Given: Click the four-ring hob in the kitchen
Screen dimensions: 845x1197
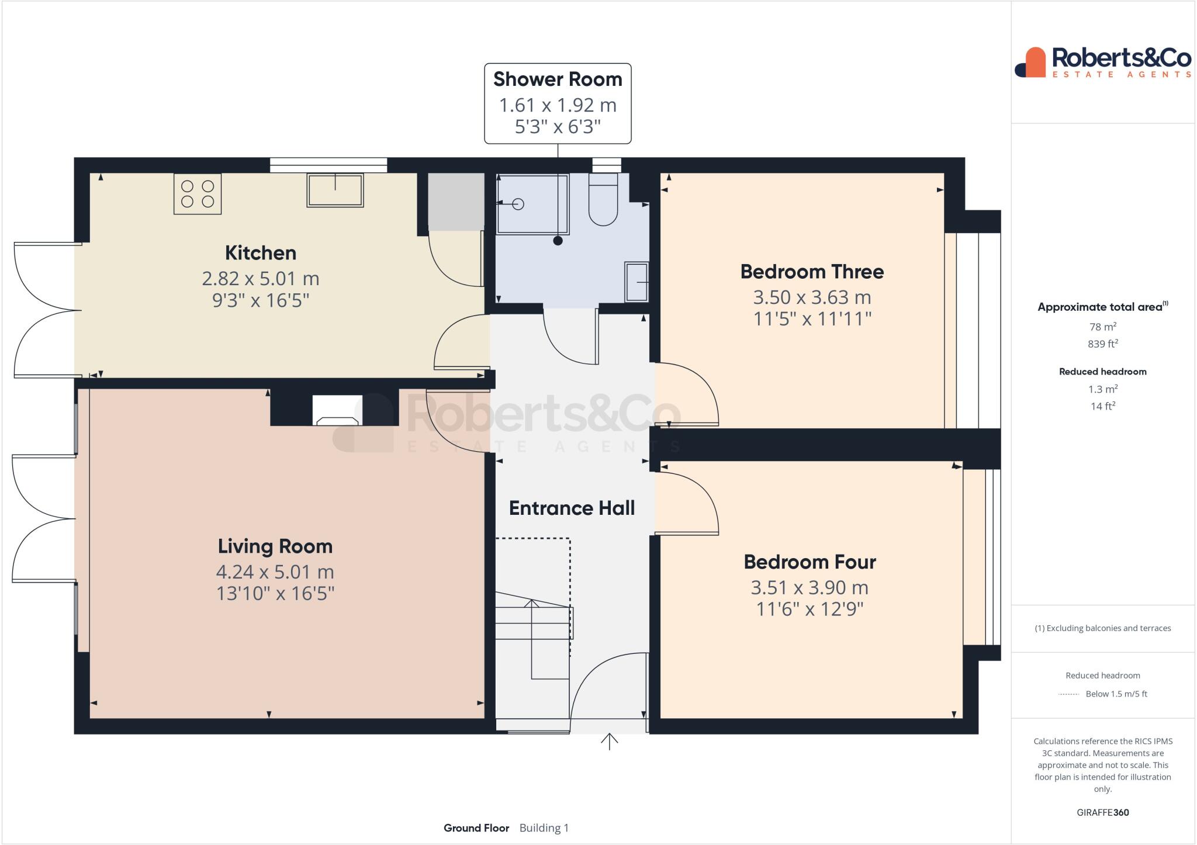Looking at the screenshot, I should [x=198, y=194].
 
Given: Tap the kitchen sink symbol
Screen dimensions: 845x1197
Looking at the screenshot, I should [x=335, y=191].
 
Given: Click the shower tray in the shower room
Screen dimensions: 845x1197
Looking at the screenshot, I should [x=531, y=204].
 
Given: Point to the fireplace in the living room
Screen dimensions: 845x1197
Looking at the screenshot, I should [x=337, y=411].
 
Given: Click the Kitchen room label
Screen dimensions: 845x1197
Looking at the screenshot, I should [x=261, y=253].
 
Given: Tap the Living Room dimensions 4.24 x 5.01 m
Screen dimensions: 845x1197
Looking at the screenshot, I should [x=275, y=572].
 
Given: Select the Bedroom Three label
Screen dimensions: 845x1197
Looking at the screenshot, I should [x=812, y=272].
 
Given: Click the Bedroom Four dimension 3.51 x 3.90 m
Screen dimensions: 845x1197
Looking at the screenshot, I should [x=809, y=587].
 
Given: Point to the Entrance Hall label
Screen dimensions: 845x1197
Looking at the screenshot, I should [x=572, y=508].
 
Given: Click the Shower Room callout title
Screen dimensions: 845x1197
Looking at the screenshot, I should [x=558, y=79].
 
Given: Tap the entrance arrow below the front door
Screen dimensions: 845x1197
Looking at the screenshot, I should [x=610, y=742].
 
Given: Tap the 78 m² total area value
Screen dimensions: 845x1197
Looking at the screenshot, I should [x=1102, y=327].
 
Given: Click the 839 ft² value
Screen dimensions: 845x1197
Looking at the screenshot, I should [x=1102, y=344].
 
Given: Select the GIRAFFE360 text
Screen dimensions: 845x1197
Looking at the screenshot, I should [x=1102, y=812].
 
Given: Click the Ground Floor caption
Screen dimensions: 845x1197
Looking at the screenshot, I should [x=476, y=828].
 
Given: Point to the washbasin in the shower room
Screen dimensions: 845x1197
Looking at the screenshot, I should [x=636, y=282].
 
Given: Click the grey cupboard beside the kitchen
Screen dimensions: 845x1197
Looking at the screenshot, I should [x=456, y=201].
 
